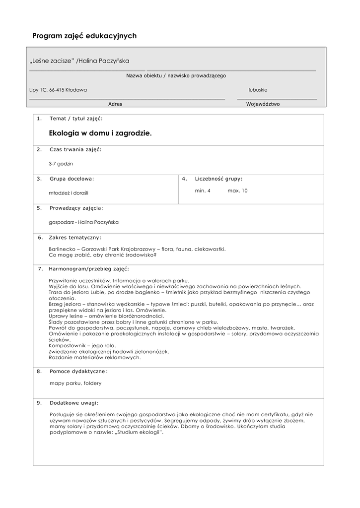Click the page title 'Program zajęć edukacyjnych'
click(x=84, y=36)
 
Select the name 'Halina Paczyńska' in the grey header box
click(x=104, y=61)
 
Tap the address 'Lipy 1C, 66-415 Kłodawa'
click(x=58, y=90)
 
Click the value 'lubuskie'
click(x=258, y=90)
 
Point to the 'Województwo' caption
click(x=263, y=104)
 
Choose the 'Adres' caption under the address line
click(x=115, y=104)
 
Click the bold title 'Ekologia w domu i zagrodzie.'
click(x=100, y=133)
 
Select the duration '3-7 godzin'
click(x=60, y=163)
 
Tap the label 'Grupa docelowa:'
click(x=72, y=178)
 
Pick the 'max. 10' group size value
click(x=237, y=190)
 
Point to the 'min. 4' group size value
click(x=203, y=190)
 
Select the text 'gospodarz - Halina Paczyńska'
click(x=84, y=222)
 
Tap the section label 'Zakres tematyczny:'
click(x=75, y=238)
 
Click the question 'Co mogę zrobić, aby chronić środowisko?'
click(x=103, y=255)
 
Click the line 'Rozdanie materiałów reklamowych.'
click(x=95, y=357)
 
